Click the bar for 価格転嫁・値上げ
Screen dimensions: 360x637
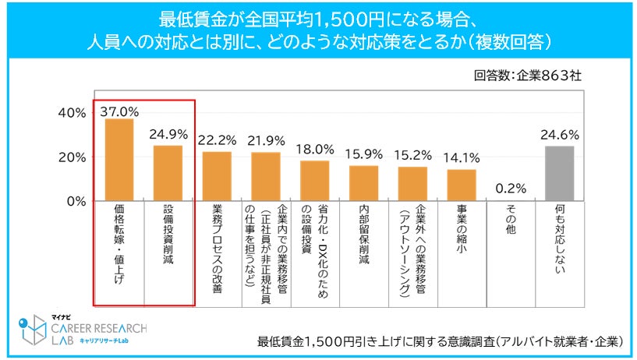[x=119, y=160]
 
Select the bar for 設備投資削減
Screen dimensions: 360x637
[x=168, y=173]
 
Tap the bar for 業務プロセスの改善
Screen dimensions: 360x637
[x=217, y=176]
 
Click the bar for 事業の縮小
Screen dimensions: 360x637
[x=462, y=185]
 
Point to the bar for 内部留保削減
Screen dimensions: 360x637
[x=364, y=183]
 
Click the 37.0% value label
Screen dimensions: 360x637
[x=119, y=111]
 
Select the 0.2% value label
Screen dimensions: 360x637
[x=511, y=188]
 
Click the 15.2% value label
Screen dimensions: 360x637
[x=413, y=154]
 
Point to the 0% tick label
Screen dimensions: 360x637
[x=76, y=201]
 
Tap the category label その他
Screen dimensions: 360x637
[x=511, y=222]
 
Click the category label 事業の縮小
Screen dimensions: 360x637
[x=462, y=232]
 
